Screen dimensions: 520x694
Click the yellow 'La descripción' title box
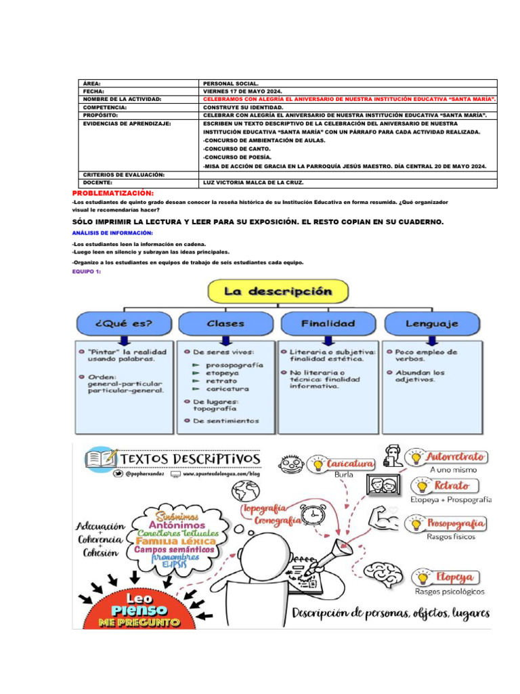point(278,292)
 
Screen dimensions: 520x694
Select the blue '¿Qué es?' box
point(125,323)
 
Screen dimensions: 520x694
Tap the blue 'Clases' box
point(226,323)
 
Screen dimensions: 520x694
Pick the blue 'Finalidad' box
point(328,323)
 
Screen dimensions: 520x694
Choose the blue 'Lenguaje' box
point(431,323)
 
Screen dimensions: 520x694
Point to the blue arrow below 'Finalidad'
point(328,340)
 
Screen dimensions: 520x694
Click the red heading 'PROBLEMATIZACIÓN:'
point(113,193)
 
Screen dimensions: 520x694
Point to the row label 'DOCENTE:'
point(98,183)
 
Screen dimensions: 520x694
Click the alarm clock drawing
point(313,516)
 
